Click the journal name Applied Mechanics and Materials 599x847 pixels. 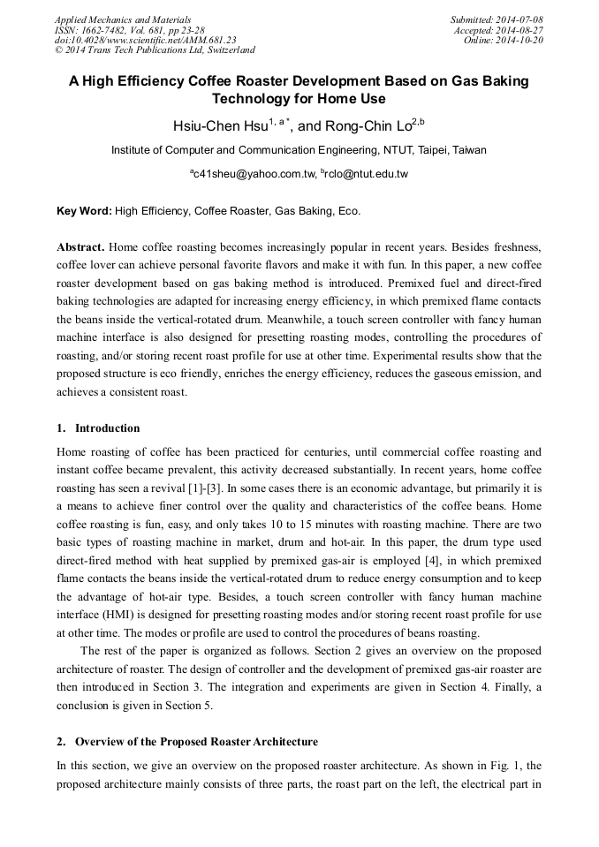pos(122,19)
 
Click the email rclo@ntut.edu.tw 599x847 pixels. pos(366,174)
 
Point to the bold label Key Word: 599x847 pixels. pos(84,212)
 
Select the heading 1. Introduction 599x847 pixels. pos(98,428)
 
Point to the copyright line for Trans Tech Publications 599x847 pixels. pos(155,50)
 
